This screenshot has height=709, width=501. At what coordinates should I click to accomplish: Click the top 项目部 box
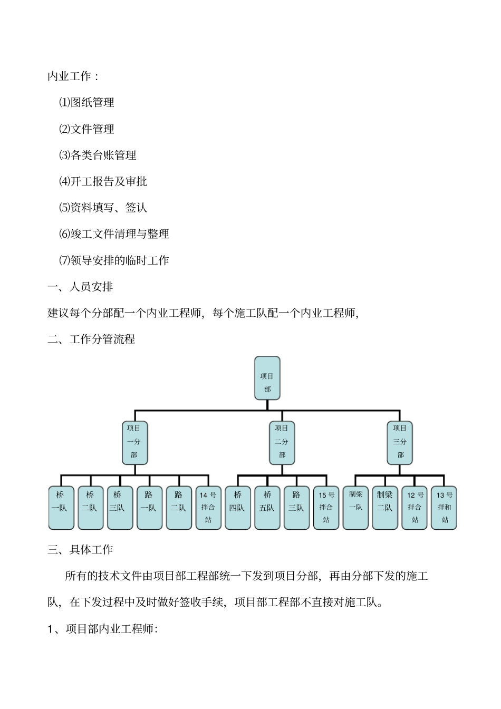[x=267, y=378]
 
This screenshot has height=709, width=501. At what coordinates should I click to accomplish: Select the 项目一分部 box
[x=134, y=442]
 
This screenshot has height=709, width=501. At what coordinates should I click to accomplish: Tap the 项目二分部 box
[x=282, y=442]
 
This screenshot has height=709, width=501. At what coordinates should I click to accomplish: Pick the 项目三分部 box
[x=400, y=442]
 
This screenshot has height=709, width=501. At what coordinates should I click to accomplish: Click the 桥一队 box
[x=61, y=507]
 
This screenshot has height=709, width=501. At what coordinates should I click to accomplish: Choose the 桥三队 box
[x=120, y=507]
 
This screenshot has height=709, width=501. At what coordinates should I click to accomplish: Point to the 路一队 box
[x=149, y=507]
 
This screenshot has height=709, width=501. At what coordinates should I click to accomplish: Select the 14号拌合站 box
[x=208, y=507]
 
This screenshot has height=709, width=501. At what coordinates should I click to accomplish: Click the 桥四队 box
[x=238, y=507]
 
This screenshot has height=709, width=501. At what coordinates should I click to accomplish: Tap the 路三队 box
[x=296, y=507]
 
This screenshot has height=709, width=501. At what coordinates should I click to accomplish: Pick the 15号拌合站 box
[x=326, y=507]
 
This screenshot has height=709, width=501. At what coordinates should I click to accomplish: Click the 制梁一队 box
[x=355, y=507]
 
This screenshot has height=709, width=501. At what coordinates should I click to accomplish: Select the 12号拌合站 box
[x=415, y=507]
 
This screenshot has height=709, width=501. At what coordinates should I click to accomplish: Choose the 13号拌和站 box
[x=444, y=507]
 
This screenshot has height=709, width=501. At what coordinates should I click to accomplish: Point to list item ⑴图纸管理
[x=86, y=102]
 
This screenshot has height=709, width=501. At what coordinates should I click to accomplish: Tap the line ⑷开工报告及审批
[x=103, y=181]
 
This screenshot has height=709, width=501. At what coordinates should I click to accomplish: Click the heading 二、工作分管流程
[x=91, y=339]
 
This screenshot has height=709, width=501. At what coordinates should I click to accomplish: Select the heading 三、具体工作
[x=80, y=550]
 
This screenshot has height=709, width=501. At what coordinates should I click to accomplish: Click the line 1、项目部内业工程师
[x=103, y=629]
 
